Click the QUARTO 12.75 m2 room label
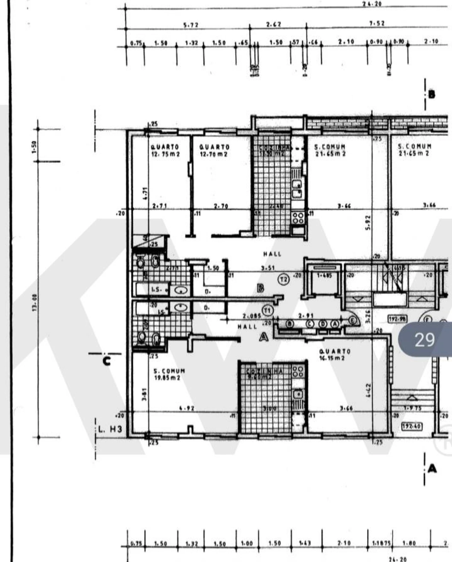coord(165,150)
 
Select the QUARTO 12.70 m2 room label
coord(214,150)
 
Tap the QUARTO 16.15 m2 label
coord(335,354)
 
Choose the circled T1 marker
coord(268,310)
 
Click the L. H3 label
coord(111,429)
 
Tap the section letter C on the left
coord(107,361)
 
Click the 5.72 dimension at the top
coord(191,25)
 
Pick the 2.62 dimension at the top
coord(274,24)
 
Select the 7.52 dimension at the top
coord(377,24)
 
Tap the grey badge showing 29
coord(424,340)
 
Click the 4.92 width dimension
coord(186,408)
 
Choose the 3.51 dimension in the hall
coord(268,268)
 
